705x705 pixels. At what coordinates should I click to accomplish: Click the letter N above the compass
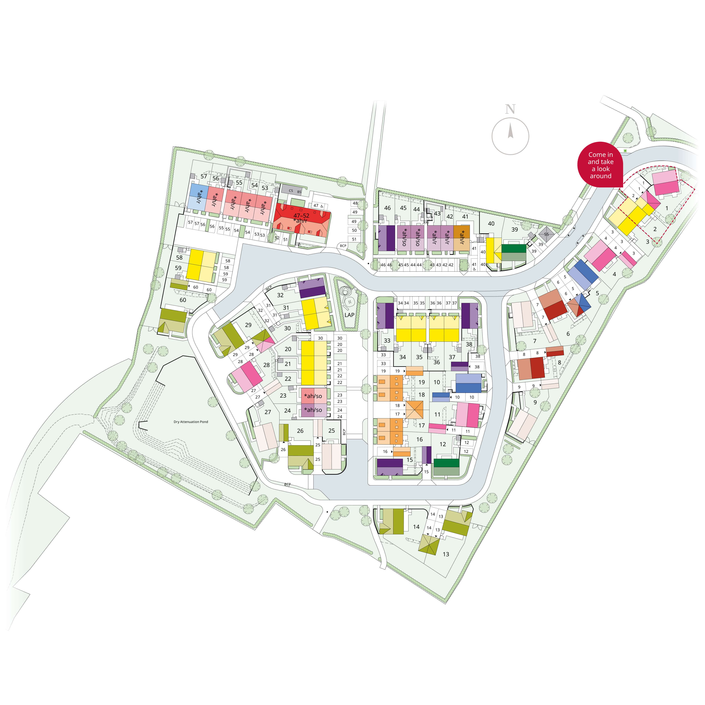[510, 109]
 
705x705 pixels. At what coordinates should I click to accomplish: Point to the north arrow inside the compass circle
[510, 131]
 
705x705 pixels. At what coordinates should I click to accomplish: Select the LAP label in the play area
[349, 315]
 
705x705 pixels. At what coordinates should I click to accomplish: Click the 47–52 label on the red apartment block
[301, 216]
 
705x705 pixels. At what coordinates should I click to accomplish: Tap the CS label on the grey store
[291, 191]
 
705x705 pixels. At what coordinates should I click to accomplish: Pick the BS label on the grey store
[299, 192]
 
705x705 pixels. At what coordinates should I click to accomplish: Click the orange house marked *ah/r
[462, 237]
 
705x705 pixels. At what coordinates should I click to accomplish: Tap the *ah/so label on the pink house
[313, 396]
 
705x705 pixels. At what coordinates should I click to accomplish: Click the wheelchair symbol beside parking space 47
[321, 206]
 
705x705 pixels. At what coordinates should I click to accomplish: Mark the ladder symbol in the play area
[350, 302]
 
